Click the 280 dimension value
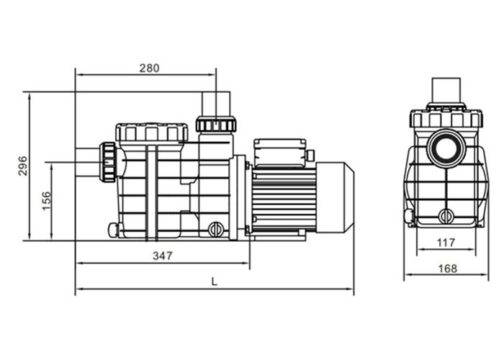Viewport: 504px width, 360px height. pos(149,68)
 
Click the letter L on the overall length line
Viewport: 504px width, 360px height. pos(214,282)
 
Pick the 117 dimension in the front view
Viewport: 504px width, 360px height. pos(446,243)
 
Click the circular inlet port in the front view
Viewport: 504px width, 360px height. pos(446,149)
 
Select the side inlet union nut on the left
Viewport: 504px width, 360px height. pos(108,161)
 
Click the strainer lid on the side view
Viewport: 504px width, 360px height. pos(151,132)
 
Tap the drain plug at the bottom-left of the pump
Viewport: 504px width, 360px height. pos(113,230)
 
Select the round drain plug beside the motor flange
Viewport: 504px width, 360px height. pos(215,230)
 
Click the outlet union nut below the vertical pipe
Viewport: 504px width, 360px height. pos(215,124)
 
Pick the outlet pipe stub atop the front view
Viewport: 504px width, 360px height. pos(446,91)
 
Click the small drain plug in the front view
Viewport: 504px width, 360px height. pos(446,215)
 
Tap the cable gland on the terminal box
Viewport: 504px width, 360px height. pos(310,156)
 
